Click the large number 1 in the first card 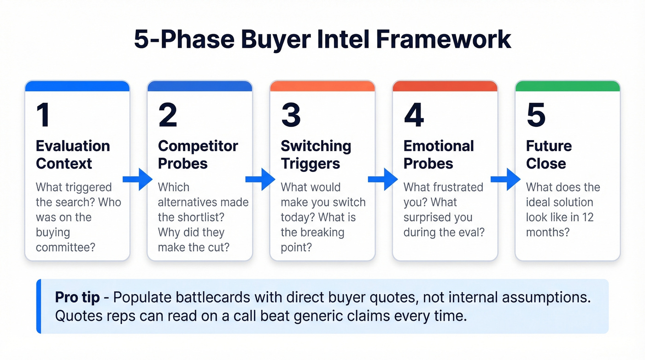[43, 116]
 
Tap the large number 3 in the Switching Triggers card [291, 116]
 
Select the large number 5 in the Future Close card [536, 116]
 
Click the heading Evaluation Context [73, 155]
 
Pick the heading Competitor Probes [198, 155]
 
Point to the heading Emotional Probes [439, 155]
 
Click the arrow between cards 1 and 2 [138, 179]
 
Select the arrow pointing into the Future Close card [505, 179]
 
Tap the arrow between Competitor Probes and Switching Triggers [260, 179]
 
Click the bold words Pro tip [77, 297]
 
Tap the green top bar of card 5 [567, 86]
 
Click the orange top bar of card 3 [322, 86]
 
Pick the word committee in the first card [65, 247]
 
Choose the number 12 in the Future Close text [587, 217]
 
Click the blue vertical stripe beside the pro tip [39, 306]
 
